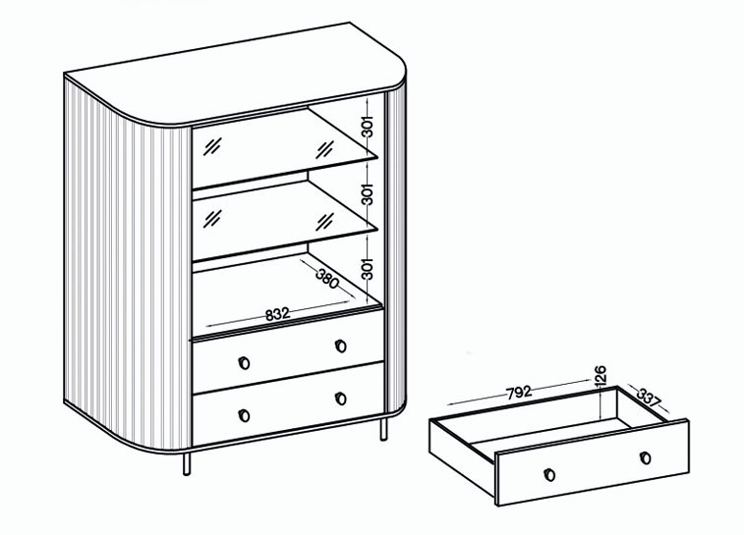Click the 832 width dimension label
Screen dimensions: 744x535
click(277, 314)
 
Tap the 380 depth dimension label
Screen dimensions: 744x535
click(327, 278)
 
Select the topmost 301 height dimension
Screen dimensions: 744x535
click(369, 126)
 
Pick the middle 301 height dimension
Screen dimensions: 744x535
click(369, 193)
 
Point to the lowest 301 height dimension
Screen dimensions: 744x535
click(369, 268)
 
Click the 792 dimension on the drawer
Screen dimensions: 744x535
click(519, 393)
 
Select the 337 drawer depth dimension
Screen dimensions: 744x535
click(648, 398)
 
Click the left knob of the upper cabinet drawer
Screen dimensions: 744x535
click(244, 363)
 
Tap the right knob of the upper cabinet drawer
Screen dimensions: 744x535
click(340, 346)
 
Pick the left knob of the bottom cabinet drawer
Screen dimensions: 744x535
click(244, 415)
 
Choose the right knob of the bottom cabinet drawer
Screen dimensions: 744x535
click(340, 399)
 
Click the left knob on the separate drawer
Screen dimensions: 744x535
click(549, 474)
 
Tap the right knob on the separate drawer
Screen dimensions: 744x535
click(645, 457)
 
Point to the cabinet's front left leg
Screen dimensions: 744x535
click(187, 463)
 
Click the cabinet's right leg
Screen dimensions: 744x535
click(383, 428)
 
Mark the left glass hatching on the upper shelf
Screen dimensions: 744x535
click(212, 146)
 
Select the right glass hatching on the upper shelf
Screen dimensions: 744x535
click(325, 149)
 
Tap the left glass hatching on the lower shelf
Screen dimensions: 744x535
click(212, 219)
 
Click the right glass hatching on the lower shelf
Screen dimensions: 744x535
click(325, 222)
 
